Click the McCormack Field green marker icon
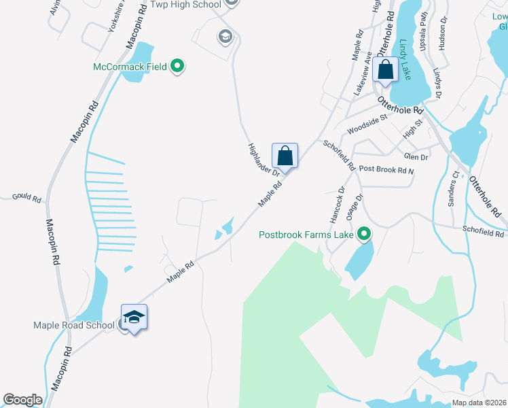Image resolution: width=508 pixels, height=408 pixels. (177, 66)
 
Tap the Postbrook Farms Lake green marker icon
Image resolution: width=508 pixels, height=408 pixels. (364, 235)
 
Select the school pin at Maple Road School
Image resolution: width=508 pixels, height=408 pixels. (134, 318)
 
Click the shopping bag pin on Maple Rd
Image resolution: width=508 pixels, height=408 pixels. (285, 156)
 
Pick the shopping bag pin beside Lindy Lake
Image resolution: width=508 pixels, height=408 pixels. (385, 71)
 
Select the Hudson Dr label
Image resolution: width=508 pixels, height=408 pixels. (444, 35)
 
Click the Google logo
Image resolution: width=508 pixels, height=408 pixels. (22, 399)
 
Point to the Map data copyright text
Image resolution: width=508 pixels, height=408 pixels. (478, 403)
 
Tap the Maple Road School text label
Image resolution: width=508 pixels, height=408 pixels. (74, 325)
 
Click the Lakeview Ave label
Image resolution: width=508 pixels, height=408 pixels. (361, 73)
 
